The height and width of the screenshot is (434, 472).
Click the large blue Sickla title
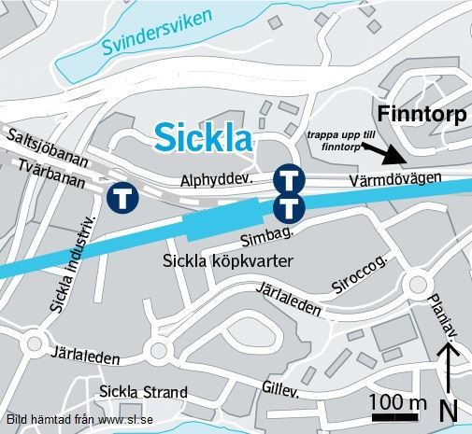[x=203, y=138]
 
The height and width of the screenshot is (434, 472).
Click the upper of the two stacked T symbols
[x=289, y=177]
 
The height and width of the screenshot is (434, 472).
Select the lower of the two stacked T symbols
[x=289, y=206]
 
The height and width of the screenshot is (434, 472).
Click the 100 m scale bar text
[x=398, y=402]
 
